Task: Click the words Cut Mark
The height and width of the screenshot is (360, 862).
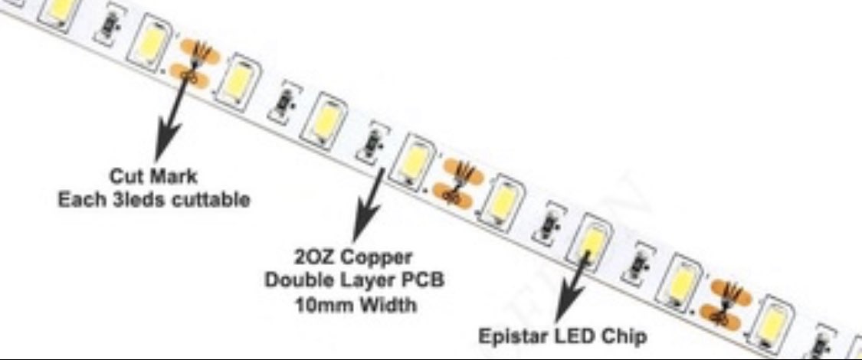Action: click(x=153, y=177)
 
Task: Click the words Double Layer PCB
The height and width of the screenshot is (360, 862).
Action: click(x=354, y=281)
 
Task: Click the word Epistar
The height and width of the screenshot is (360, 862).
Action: click(x=510, y=336)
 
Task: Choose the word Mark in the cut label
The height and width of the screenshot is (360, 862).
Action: click(x=175, y=177)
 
